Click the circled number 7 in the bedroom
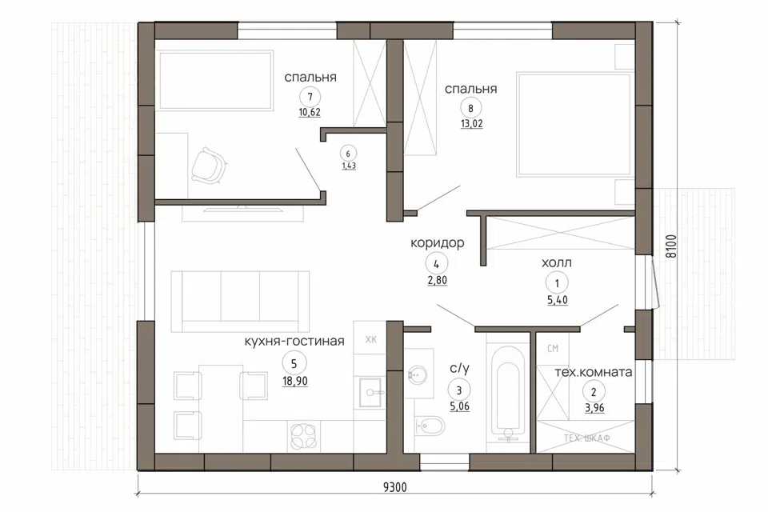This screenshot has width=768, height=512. coord(310,97)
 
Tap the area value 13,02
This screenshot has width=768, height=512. coord(471,123)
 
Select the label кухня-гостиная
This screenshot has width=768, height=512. coord(294,341)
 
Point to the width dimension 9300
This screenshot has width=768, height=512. coord(394,487)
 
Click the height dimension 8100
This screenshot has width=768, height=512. coord(671,246)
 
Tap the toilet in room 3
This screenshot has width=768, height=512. coord(430,426)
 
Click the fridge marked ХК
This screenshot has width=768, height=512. coord(370,338)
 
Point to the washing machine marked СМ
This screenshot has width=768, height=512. coord(553,348)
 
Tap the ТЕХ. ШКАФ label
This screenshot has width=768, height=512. coord(586,438)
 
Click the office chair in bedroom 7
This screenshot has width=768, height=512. coord(209,165)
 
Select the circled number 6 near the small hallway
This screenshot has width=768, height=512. coord(348,154)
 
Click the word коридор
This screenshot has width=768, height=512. coord(438,242)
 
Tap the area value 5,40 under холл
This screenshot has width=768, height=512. coord(558,300)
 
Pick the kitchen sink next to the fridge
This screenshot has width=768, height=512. coord(370,392)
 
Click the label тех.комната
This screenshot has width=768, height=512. coord(593,372)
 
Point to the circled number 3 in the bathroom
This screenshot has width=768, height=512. coord(459,390)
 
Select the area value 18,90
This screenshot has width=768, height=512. coord(295,381)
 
